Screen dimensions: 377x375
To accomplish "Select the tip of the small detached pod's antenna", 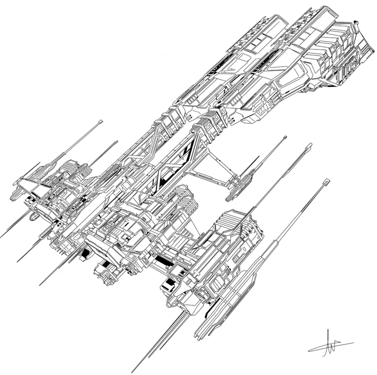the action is click(x=285, y=138).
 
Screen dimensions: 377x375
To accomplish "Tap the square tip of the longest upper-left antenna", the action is click(x=101, y=121).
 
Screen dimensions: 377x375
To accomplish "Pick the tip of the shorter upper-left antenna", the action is click(x=117, y=142).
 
